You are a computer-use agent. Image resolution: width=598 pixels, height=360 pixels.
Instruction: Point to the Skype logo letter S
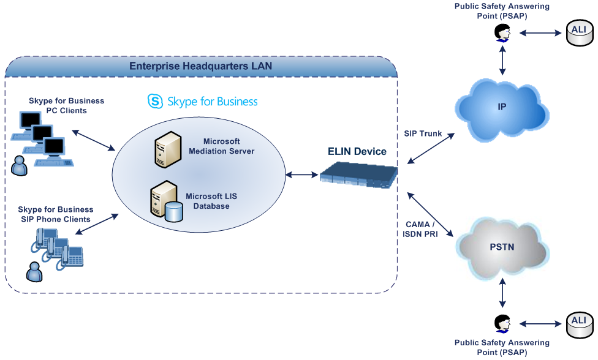(x=155, y=101)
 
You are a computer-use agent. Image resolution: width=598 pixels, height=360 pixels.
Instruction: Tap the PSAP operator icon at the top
(x=502, y=33)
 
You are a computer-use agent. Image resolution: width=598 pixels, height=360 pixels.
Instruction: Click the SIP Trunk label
(x=423, y=133)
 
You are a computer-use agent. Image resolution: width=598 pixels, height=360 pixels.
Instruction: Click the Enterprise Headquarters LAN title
(x=200, y=66)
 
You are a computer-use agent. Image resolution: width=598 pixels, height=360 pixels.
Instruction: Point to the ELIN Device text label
(x=357, y=151)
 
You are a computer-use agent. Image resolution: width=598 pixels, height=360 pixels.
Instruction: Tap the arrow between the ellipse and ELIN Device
(x=302, y=175)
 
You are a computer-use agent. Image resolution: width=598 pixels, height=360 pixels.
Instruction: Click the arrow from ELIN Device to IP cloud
(x=429, y=147)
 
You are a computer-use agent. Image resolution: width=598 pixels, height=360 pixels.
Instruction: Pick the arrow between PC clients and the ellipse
(x=94, y=140)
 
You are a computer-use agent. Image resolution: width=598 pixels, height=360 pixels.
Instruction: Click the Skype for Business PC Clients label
(x=66, y=105)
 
